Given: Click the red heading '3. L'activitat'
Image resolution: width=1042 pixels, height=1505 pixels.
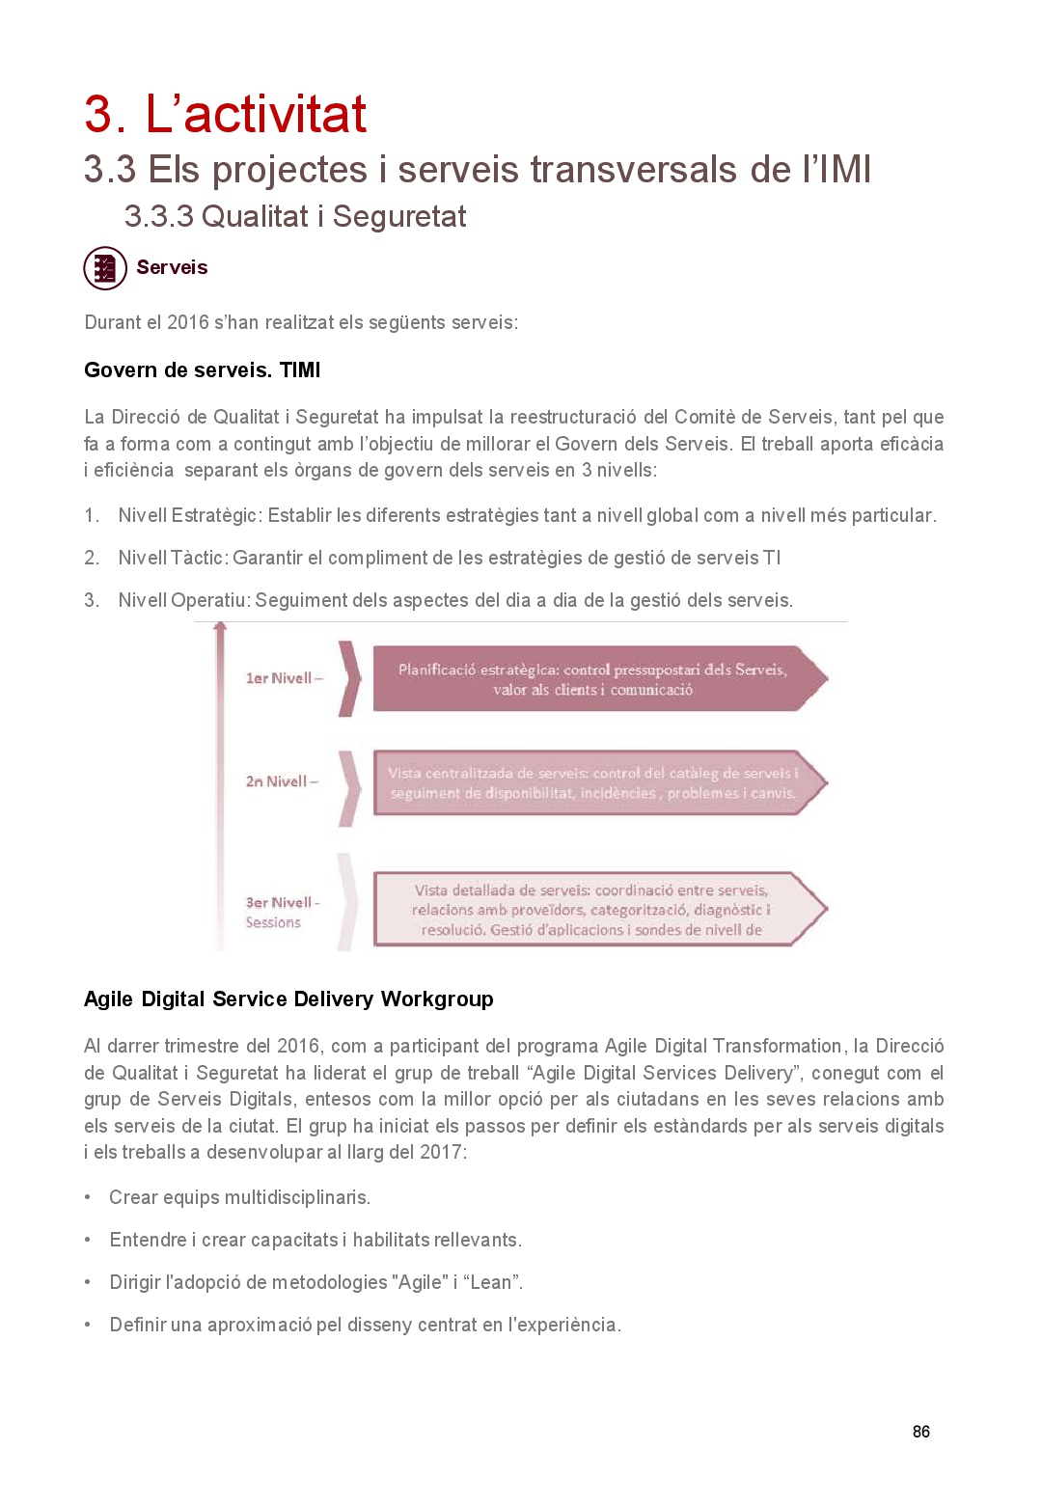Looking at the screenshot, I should coord(225,114).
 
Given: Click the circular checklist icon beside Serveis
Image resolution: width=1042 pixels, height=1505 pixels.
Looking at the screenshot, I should coord(105,268).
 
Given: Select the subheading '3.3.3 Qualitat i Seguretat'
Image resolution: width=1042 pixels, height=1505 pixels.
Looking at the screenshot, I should coord(294,217).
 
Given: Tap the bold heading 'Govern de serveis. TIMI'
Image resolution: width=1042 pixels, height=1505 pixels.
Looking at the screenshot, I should coord(202,370).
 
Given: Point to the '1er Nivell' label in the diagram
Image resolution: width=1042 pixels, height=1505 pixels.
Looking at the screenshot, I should coord(279,678).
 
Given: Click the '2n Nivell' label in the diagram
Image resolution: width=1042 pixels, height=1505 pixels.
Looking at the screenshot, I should coord(277,781).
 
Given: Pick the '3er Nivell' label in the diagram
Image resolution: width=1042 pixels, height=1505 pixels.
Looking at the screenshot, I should coord(279,903).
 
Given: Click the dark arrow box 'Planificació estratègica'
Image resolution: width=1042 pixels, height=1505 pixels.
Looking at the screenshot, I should coord(592,679).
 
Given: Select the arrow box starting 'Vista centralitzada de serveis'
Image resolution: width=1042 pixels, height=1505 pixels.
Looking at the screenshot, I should coord(592,783).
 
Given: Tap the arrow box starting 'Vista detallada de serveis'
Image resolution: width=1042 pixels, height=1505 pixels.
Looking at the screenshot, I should coord(591,910).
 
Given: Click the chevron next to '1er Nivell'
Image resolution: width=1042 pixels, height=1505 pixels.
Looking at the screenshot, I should coord(349,678).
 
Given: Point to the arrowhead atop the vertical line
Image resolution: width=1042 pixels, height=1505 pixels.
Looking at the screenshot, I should coord(220,628).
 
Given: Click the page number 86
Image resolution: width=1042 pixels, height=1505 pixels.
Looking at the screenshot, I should coord(921,1432).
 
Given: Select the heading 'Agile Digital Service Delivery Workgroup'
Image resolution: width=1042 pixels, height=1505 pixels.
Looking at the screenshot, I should coord(288,999).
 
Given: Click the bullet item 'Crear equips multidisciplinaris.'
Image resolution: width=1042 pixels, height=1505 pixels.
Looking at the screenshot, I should coord(239,1198).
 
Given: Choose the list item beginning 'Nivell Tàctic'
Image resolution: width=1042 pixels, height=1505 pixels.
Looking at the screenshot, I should coord(449,559).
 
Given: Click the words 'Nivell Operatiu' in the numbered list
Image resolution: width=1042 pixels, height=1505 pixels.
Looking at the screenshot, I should coord(183,601).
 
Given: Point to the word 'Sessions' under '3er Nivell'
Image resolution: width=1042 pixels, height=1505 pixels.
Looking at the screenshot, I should coord(273,923).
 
